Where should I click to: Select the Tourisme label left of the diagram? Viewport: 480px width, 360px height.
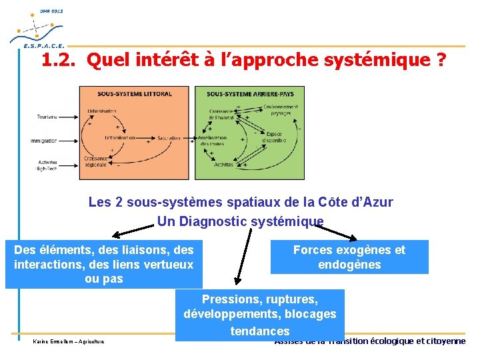(47, 117)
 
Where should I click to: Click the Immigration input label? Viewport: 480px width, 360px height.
(44, 140)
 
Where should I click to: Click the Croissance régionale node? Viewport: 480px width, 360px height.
(96, 161)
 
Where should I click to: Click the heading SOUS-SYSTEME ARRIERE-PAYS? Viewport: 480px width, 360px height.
(250, 93)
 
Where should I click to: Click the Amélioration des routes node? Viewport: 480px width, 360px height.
(213, 141)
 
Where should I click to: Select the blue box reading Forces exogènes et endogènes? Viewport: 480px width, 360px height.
(349, 257)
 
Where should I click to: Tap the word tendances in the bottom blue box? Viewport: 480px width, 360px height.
(260, 331)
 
